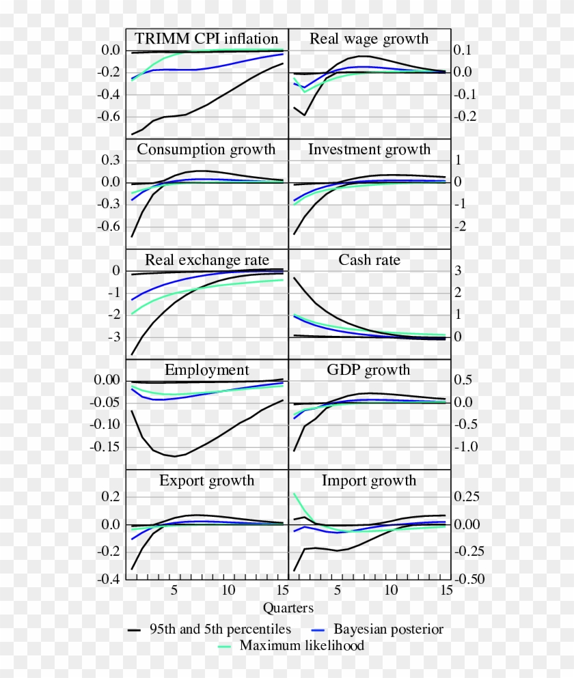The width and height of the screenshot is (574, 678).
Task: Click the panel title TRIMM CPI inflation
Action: [206, 38]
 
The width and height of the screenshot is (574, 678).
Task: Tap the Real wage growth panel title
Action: [369, 38]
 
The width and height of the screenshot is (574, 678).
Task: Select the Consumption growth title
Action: [206, 150]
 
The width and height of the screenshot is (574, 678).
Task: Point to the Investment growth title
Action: [369, 150]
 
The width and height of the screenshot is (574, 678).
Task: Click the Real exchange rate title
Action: [206, 260]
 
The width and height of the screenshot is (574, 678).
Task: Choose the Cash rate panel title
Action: [369, 260]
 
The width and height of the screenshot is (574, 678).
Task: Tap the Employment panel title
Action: [206, 370]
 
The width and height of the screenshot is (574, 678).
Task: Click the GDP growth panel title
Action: [369, 370]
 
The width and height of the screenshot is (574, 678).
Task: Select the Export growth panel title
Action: [206, 481]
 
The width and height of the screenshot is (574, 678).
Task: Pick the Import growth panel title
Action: [369, 481]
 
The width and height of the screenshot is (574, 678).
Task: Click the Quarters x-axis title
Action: [288, 608]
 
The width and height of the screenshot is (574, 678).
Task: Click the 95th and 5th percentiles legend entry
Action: [220, 629]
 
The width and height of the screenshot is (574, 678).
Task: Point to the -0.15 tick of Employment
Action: [104, 447]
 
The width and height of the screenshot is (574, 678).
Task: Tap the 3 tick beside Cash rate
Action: [459, 271]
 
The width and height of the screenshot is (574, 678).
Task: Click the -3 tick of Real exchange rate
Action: [113, 337]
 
